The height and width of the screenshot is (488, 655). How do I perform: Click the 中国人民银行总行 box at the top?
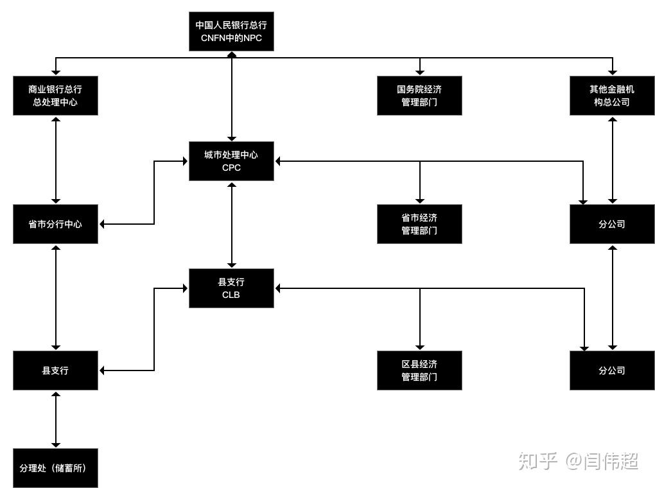[231, 31]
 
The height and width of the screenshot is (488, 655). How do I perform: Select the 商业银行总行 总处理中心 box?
[55, 96]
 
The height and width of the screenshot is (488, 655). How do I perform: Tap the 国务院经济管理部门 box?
[419, 96]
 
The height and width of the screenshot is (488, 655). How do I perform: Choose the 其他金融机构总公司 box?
[612, 96]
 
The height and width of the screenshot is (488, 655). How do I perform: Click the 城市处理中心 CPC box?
[231, 161]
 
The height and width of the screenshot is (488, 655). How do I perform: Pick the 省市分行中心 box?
[55, 224]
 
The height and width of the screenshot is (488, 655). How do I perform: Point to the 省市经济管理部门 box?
[419, 224]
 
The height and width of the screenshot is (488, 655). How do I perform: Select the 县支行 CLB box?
[231, 288]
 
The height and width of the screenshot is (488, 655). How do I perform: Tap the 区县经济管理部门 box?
[419, 370]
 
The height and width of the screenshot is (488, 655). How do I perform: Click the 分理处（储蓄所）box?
[55, 467]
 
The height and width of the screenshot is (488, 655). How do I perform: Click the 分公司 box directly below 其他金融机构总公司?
[612, 224]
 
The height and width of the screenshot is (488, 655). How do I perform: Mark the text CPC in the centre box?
[231, 168]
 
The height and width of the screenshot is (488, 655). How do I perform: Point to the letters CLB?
[231, 295]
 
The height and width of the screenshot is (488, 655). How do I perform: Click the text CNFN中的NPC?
[231, 38]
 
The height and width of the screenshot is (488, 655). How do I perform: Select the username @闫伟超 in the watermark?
[602, 460]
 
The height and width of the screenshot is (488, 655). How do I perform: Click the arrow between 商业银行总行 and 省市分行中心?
[56, 161]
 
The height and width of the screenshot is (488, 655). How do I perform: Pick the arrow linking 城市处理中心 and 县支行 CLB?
[232, 225]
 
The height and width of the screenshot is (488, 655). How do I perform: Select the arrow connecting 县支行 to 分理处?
[56, 419]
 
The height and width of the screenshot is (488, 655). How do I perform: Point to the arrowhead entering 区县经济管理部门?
[420, 347]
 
